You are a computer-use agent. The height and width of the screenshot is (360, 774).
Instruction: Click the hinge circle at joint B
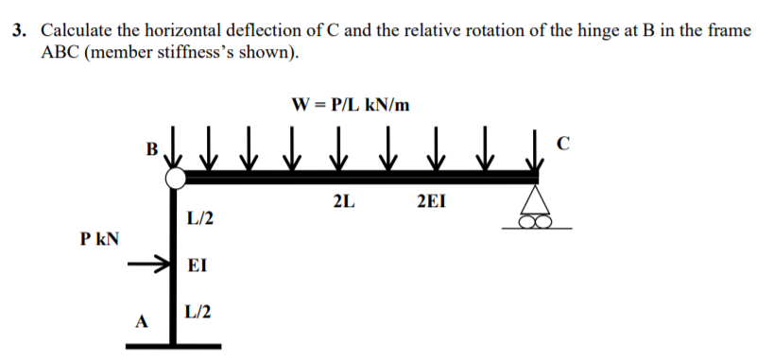175,179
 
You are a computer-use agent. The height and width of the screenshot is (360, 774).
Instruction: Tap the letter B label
151,148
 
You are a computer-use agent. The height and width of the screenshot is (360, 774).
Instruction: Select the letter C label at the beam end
562,143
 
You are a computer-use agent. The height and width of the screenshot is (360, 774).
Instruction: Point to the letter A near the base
142,322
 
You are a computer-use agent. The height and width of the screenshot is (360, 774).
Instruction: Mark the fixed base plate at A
173,346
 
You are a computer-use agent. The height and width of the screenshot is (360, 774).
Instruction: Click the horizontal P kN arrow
148,264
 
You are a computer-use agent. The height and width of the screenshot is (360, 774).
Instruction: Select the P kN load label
99,239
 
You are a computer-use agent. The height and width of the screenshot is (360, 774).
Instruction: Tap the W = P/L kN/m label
351,104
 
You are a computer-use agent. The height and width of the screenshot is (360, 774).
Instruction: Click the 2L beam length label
344,201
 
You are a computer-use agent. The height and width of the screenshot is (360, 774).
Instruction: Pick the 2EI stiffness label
431,201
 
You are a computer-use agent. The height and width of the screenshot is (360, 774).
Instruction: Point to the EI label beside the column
198,266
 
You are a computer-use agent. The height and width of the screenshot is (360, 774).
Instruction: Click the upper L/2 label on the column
200,217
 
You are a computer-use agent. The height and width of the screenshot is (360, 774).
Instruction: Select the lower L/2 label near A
198,312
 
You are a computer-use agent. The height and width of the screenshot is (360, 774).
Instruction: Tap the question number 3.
19,30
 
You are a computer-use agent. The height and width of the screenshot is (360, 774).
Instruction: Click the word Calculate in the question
77,30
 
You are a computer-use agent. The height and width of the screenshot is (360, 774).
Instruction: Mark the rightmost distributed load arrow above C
534,148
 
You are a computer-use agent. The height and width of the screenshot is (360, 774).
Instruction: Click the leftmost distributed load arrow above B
172,147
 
